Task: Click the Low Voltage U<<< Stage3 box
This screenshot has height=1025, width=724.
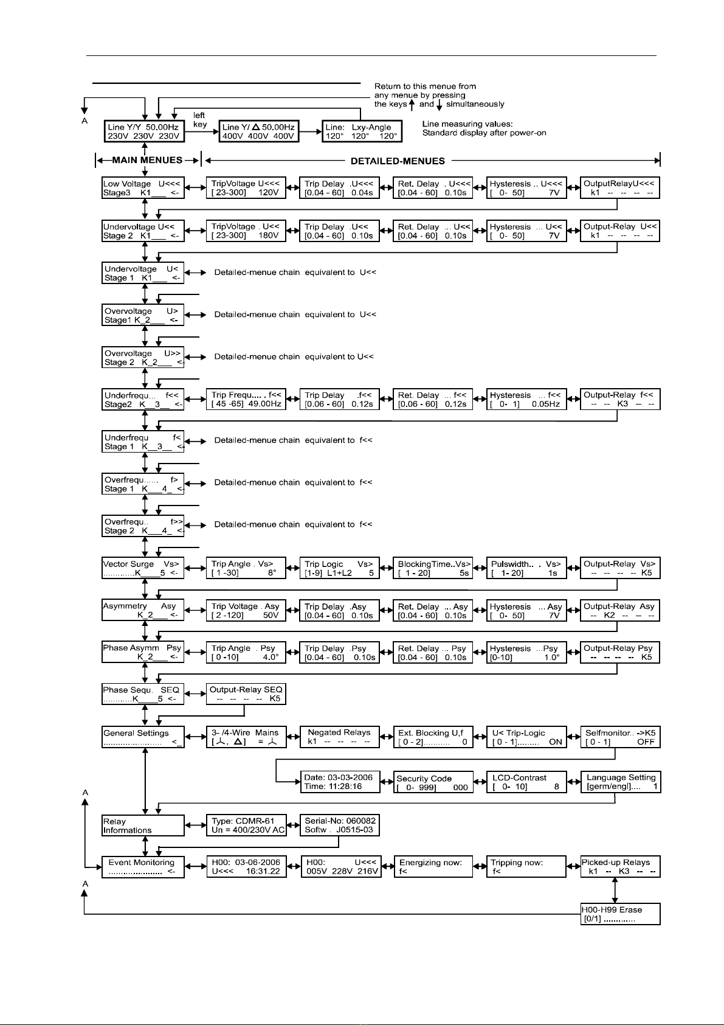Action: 142,188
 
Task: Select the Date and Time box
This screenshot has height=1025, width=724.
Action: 340,782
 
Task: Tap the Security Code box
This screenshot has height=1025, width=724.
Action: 433,782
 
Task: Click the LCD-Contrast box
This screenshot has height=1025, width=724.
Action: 526,782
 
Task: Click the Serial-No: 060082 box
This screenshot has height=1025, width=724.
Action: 340,825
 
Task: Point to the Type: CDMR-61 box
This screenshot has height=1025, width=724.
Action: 247,825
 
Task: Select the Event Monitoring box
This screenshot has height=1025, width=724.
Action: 142,867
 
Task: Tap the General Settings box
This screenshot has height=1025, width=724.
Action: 142,737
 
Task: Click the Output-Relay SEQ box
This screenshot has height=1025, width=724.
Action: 246,694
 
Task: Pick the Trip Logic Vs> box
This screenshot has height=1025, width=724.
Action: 340,568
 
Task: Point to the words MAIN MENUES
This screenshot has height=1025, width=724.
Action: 148,160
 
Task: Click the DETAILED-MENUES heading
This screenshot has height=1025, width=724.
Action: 398,161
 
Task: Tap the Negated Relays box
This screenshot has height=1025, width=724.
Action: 340,737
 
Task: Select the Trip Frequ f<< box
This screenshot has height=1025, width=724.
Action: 247,399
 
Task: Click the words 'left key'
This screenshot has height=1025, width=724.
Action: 199,120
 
